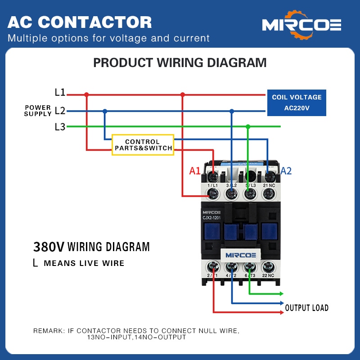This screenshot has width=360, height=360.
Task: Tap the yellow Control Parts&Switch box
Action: coord(143,145)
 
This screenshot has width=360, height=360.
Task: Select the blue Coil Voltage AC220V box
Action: coord(297,103)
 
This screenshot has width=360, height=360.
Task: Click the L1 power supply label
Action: coord(60,93)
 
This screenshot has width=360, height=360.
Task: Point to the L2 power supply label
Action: coord(60,111)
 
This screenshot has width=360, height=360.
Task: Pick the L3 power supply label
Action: coord(60,127)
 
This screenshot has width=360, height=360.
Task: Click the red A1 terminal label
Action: coord(194,171)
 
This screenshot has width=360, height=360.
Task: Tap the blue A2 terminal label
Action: coord(286,171)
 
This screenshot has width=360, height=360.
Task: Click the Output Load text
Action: coord(306,308)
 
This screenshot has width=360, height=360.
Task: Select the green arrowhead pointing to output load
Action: coord(281,293)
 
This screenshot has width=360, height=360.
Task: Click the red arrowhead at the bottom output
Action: coord(281,311)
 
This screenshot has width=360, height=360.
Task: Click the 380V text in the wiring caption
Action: coord(49,247)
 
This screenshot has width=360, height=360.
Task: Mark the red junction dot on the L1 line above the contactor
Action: coord(182,95)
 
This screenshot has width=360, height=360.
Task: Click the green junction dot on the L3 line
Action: coord(247,127)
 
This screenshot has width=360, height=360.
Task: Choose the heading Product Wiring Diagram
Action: coord(180,63)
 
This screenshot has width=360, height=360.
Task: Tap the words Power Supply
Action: coord(38,111)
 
